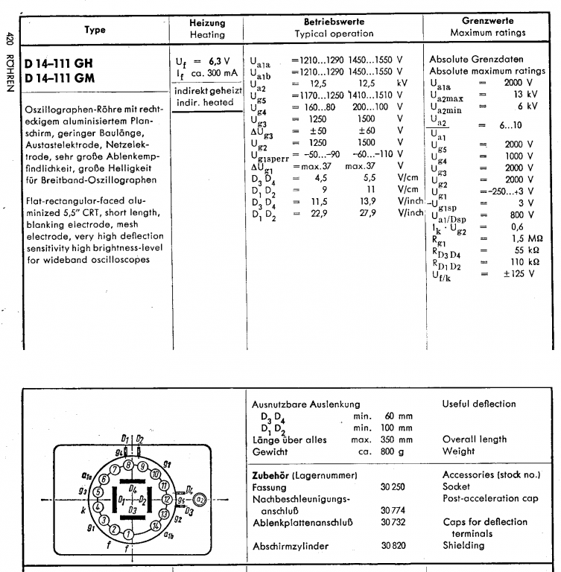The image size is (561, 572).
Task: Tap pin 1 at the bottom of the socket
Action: (x=128, y=534)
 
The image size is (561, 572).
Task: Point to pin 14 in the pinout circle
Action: (x=156, y=525)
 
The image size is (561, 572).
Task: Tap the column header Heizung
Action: (x=208, y=23)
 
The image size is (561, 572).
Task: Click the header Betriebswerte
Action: (x=334, y=23)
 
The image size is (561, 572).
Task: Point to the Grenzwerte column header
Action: (x=488, y=22)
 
